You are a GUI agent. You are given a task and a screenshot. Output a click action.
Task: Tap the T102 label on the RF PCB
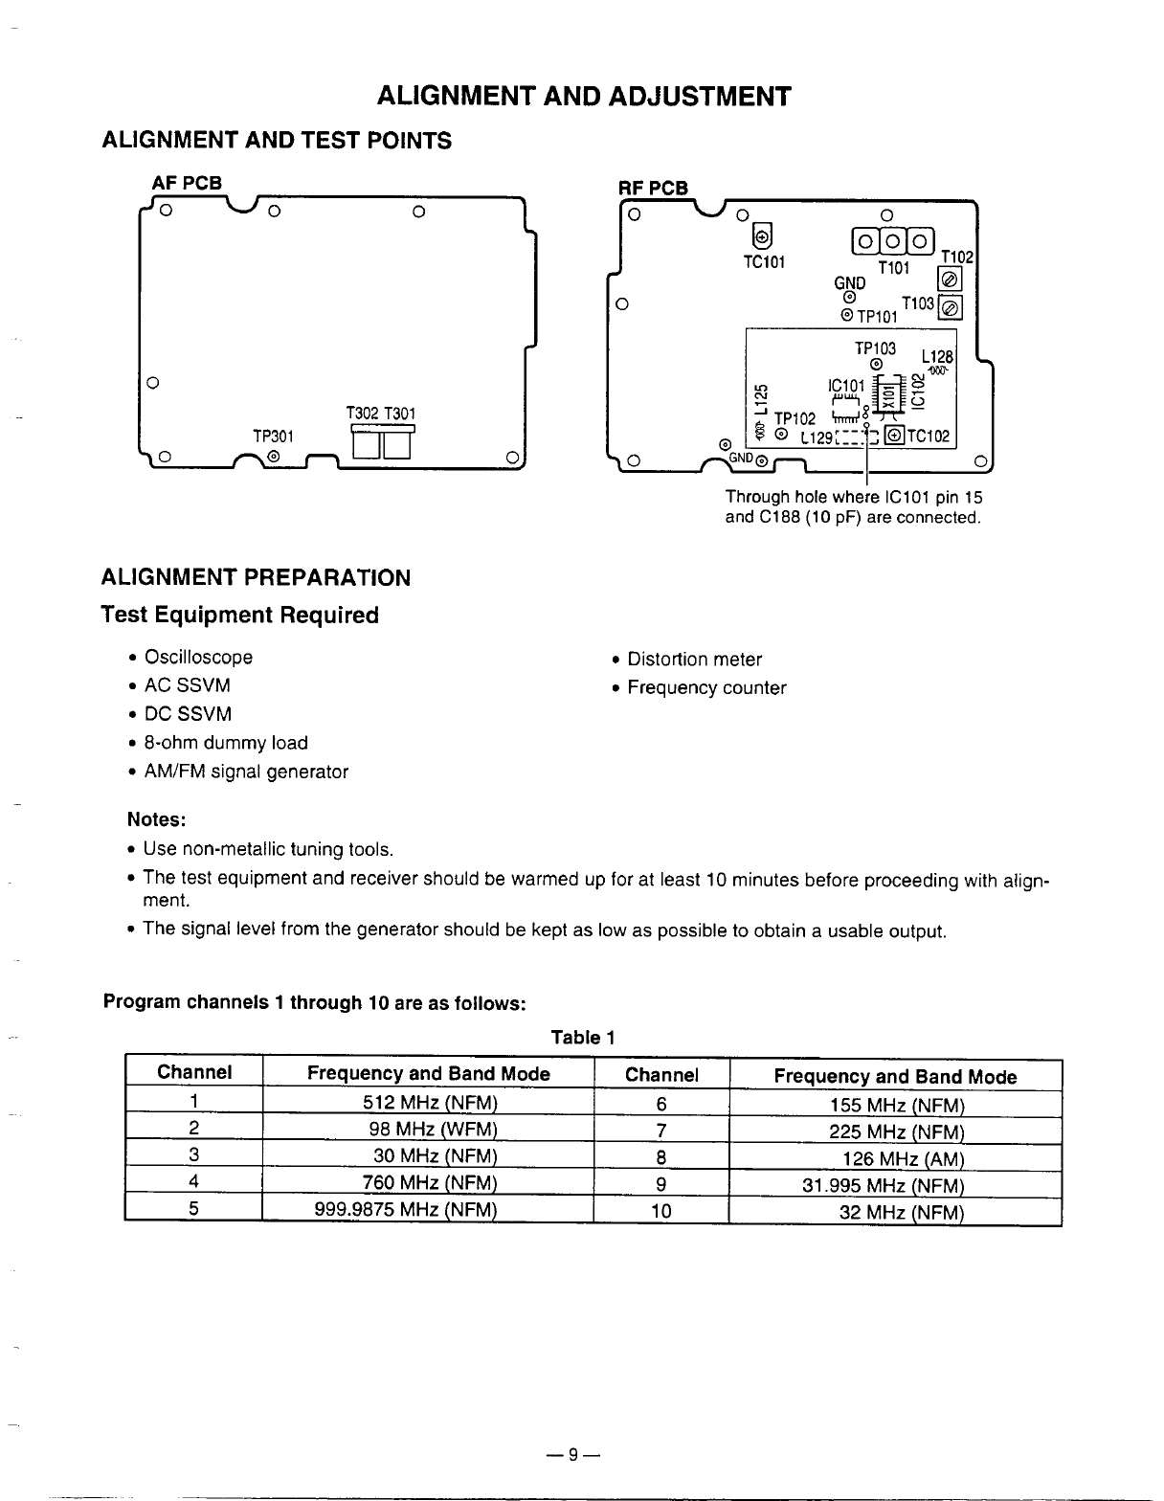(957, 257)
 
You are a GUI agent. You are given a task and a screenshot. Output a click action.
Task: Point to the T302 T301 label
(380, 414)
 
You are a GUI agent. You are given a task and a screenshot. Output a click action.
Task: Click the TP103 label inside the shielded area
(875, 348)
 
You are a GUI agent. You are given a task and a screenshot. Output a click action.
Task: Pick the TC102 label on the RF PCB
(928, 437)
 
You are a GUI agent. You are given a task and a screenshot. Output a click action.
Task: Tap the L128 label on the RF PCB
(938, 355)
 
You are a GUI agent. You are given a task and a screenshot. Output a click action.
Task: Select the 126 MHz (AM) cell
(903, 1159)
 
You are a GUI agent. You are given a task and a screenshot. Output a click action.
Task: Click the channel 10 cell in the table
(660, 1211)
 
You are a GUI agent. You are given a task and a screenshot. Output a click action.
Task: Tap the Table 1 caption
(582, 1038)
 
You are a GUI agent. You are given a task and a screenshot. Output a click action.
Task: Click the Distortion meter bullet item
(694, 660)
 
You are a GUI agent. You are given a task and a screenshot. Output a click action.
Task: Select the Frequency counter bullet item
(706, 688)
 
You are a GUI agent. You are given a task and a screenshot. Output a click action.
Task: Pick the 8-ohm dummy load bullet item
(225, 743)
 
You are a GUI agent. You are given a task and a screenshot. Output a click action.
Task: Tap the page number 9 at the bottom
(572, 1456)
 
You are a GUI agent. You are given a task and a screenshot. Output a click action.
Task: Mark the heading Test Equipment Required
(240, 616)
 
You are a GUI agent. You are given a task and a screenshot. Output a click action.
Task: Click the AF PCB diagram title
(187, 182)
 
